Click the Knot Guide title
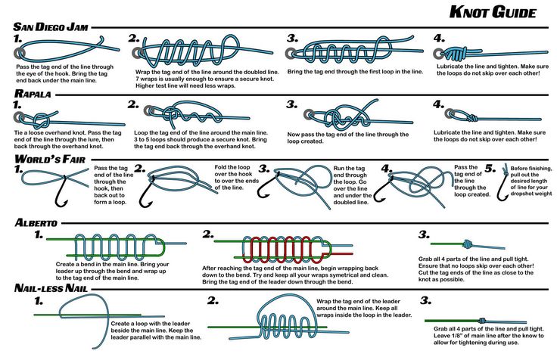pyautogui.click(x=493, y=12)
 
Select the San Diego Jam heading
pyautogui.click(x=51, y=27)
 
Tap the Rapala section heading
pyautogui.click(x=33, y=94)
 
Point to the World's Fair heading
pyautogui.click(x=50, y=159)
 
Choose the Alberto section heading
pyautogui.click(x=36, y=222)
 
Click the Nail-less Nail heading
pyautogui.click(x=51, y=287)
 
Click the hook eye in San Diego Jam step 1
pyautogui.click(x=20, y=53)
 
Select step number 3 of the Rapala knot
pyautogui.click(x=292, y=104)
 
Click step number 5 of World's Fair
pyautogui.click(x=490, y=169)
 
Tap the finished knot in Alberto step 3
pyautogui.click(x=467, y=244)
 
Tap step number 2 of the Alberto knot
pyautogui.click(x=208, y=234)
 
